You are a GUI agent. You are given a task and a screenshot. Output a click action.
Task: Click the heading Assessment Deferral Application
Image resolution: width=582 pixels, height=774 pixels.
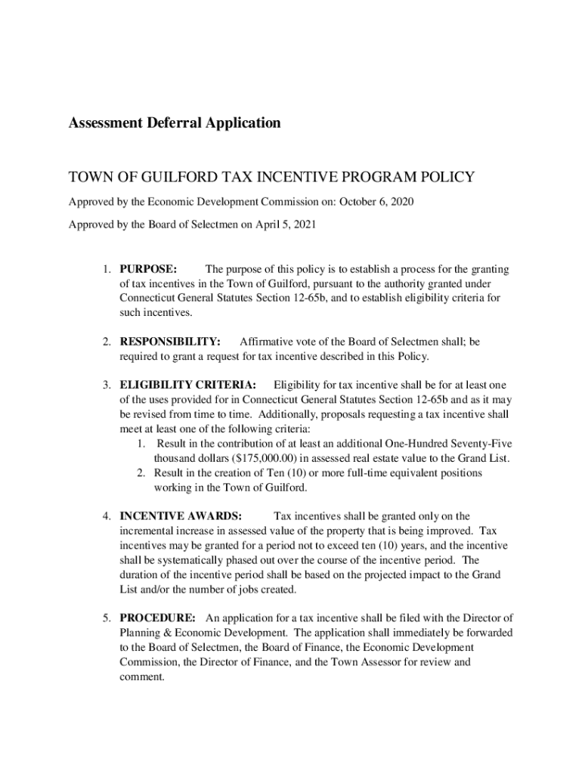pos(175,122)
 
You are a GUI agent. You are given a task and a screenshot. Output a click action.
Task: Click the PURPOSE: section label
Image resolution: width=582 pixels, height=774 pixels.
pos(148,269)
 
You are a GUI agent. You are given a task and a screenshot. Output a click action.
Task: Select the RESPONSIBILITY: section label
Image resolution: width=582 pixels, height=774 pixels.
pos(170,342)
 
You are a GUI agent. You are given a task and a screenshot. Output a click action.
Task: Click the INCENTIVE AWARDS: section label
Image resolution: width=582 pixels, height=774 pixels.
pos(181,516)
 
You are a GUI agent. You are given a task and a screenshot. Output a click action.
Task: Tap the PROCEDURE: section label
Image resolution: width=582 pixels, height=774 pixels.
pos(157,618)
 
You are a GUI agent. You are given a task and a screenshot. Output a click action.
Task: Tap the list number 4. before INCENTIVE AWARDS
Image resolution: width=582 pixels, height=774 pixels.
pos(108,516)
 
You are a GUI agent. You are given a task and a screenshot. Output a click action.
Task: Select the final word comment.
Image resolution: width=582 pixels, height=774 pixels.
pos(141,676)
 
